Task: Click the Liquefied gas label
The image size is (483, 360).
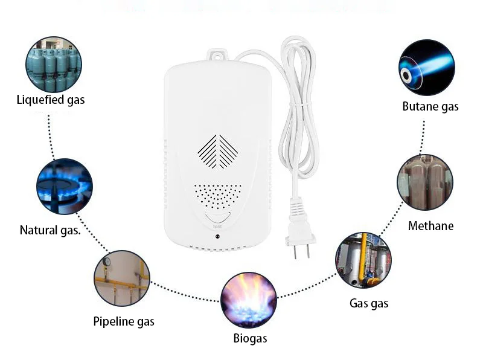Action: coord(51,100)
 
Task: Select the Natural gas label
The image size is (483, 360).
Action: coord(50,230)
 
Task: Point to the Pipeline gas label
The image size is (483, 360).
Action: coord(124,321)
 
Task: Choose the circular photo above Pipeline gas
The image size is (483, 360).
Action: coord(121,278)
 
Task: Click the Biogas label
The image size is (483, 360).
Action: coord(250,338)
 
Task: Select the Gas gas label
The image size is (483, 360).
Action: coord(369,303)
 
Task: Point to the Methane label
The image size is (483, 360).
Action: coord(430,227)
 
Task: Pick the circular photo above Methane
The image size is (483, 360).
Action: coord(425,182)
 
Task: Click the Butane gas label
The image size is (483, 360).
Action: coord(430,107)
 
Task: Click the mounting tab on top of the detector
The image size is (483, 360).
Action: coord(216,56)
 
